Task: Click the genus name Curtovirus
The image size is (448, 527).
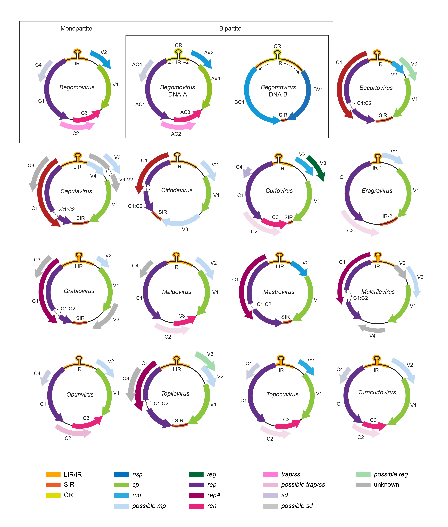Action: (279, 191)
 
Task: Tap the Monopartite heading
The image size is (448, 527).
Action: (76, 28)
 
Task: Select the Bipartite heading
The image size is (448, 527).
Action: (230, 28)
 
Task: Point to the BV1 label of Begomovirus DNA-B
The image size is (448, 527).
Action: (318, 89)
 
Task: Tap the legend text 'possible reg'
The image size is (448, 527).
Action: (391, 474)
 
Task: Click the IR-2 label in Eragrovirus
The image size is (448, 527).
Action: (387, 216)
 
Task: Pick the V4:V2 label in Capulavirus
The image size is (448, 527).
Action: (126, 180)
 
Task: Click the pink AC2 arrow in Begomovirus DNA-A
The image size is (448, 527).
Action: (178, 125)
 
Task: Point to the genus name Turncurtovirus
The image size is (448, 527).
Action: (377, 392)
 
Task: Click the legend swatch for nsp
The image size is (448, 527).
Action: (121, 474)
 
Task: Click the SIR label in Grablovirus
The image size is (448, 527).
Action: (80, 318)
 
